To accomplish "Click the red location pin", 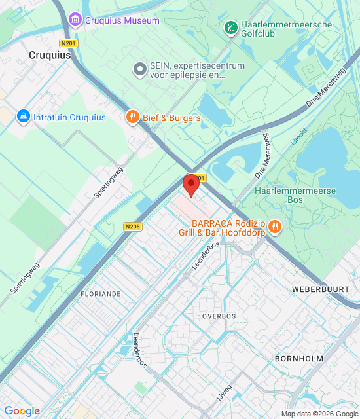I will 190,184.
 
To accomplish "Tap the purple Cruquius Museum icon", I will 75,20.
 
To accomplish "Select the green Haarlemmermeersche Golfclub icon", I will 230,27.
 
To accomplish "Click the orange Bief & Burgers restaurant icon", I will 133,117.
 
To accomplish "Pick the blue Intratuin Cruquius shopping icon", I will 23,117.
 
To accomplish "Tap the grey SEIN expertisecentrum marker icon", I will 139,68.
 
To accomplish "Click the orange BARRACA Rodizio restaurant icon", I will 274,227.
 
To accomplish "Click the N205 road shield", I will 132,227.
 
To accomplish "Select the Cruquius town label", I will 50,56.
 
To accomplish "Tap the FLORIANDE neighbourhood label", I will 100,294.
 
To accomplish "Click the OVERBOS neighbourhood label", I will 219,316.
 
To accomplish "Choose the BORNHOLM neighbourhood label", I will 299,359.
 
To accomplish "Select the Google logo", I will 22,411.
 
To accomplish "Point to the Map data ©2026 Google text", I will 319,414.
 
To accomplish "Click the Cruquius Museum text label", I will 122,20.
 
